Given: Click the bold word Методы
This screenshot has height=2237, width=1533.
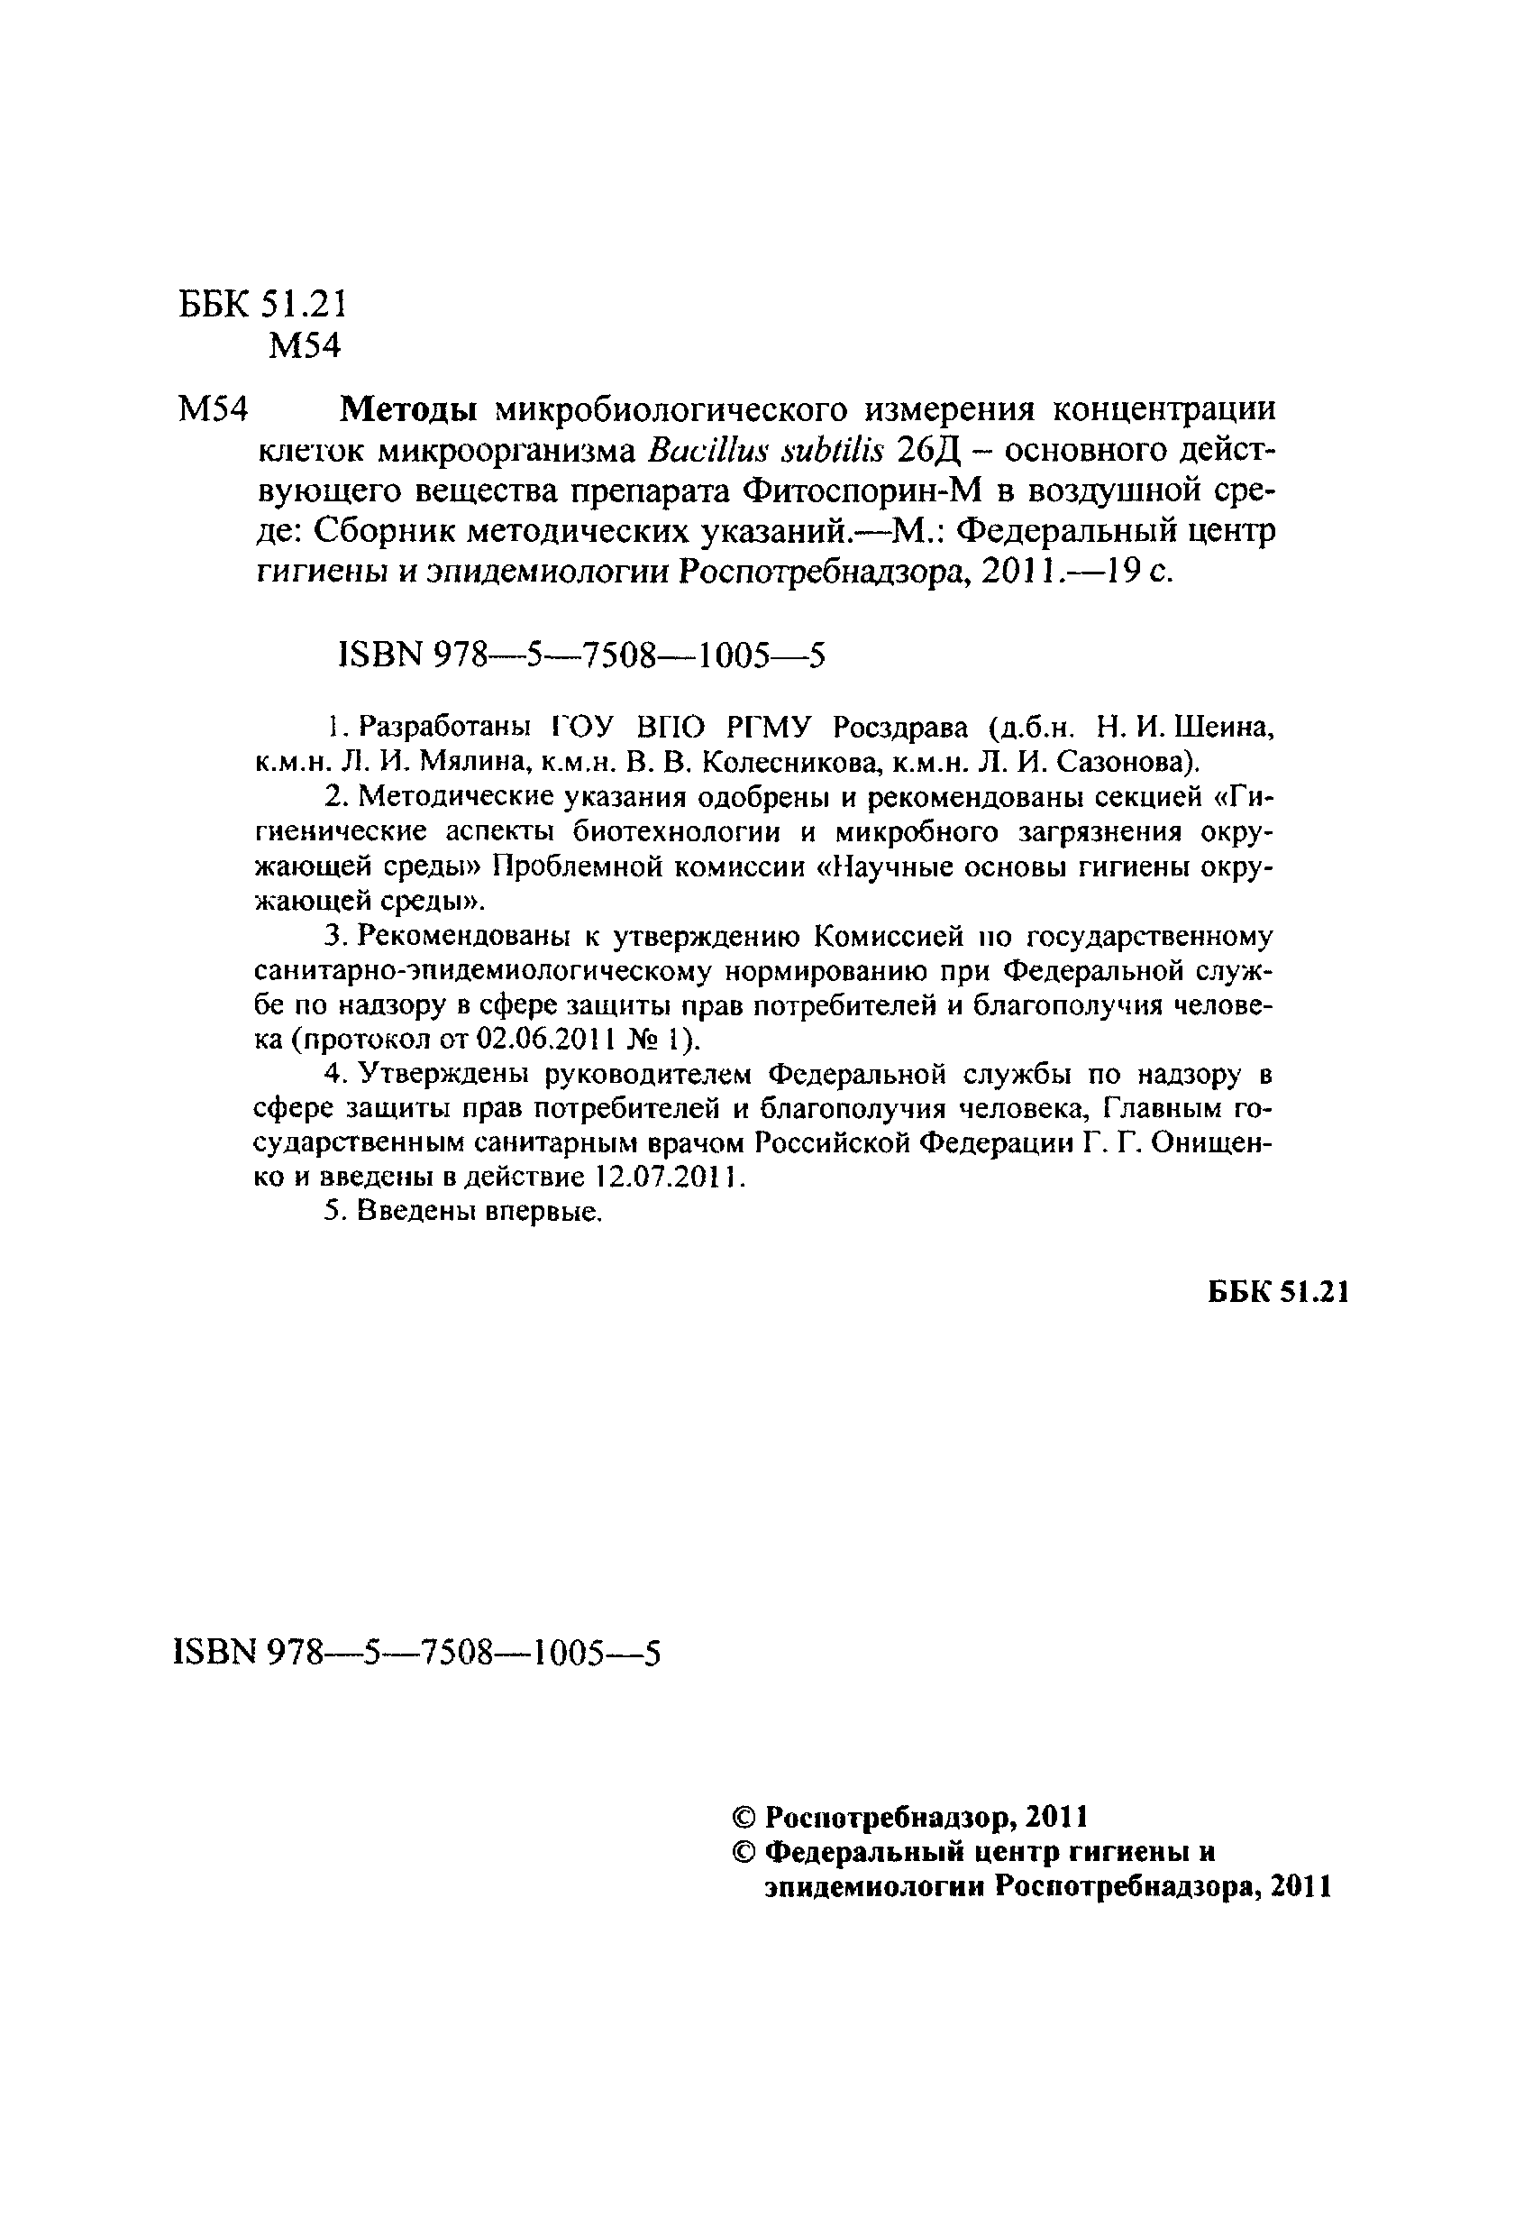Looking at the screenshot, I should pos(409,410).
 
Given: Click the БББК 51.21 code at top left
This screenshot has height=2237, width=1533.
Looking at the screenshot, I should pos(261,304).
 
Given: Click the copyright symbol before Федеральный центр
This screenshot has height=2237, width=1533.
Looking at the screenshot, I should pos(744,1851).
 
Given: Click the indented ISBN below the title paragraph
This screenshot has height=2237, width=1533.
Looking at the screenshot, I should pos(582,656).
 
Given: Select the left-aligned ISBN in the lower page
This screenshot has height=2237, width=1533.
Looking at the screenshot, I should pos(416,1653).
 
